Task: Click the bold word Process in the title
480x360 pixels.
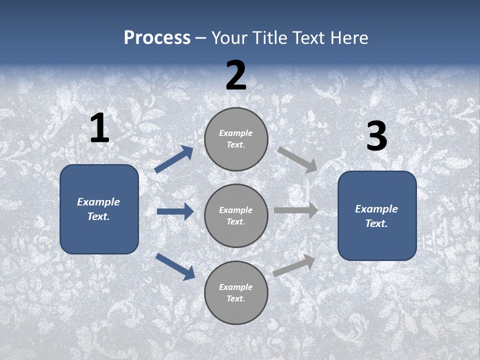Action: tap(157, 38)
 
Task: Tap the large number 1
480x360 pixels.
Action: tap(99, 128)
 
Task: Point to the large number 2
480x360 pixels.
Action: tap(236, 75)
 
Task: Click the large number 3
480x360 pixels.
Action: tap(376, 136)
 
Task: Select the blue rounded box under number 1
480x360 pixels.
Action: tap(99, 209)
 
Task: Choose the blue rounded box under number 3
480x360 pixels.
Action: tap(377, 215)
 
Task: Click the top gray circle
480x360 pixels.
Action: tap(236, 139)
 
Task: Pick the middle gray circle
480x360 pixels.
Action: tap(236, 215)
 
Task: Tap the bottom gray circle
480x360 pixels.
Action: tap(236, 292)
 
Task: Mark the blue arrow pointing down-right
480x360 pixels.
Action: tap(175, 266)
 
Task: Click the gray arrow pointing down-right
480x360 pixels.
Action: tap(297, 159)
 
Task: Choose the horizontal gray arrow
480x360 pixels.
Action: tap(296, 210)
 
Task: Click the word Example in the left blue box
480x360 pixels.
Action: tap(98, 202)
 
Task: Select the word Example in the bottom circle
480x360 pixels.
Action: tap(235, 287)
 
